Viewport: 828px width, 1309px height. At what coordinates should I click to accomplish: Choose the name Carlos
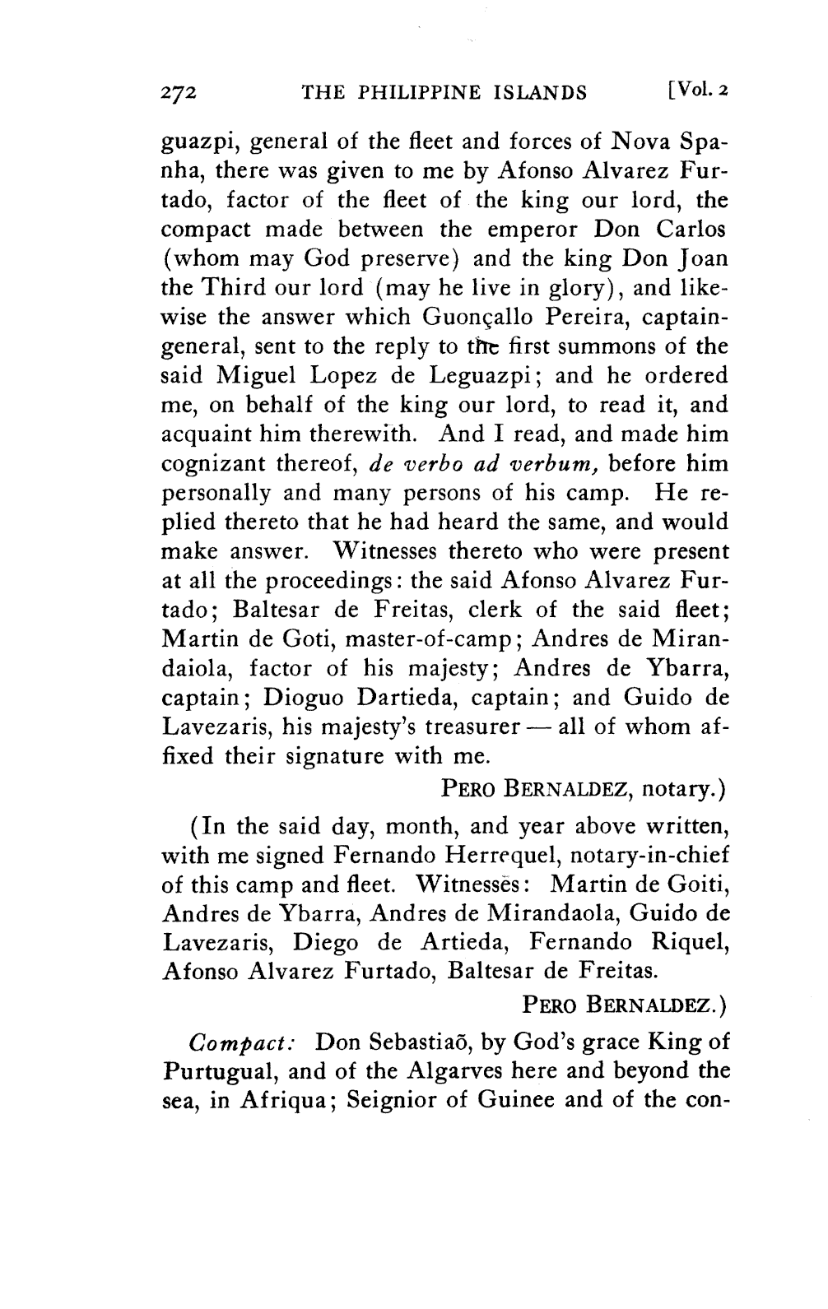(x=693, y=230)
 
